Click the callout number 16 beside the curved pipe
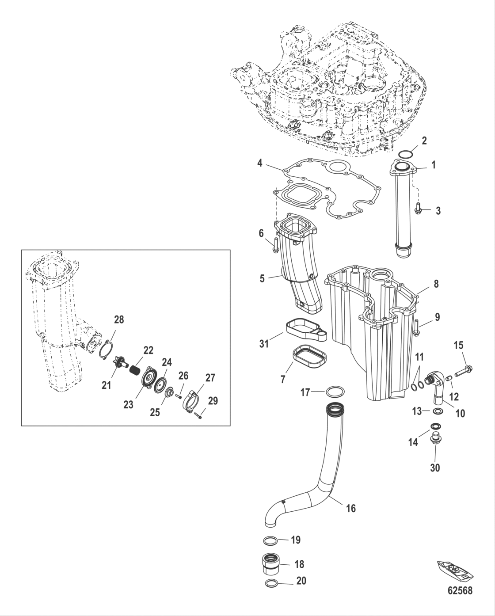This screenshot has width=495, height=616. point(350,508)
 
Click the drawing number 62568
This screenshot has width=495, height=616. point(459,590)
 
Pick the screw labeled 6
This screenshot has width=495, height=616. point(276,244)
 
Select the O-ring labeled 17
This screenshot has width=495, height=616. point(336,392)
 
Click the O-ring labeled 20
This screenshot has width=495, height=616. point(272,583)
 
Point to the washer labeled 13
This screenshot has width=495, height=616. point(438,411)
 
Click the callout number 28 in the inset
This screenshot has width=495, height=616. point(119,320)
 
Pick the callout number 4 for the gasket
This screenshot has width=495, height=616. point(260,164)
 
